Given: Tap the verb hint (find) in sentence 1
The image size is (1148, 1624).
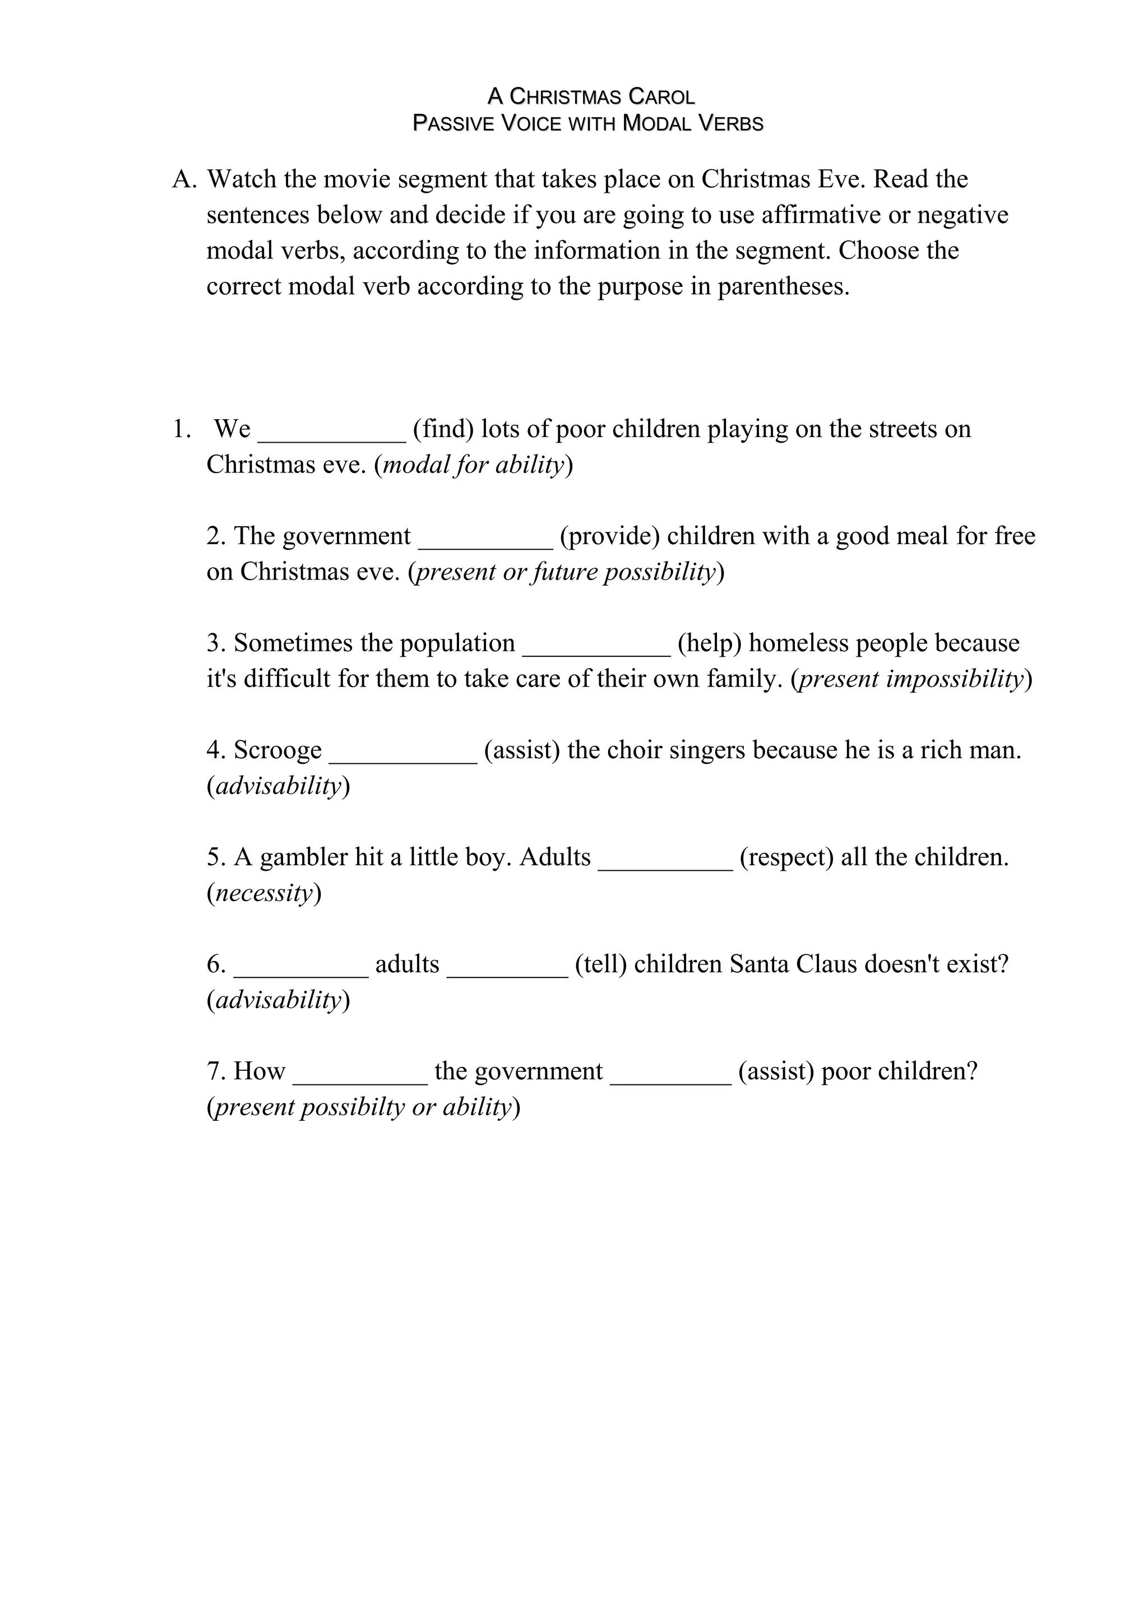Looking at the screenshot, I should point(443,429).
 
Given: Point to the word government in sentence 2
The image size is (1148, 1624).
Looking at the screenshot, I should point(346,536).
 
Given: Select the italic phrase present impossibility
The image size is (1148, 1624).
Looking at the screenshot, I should point(911,679).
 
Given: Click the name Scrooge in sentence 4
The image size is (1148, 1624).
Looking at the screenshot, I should point(277,750).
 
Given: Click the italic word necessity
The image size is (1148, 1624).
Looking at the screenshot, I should point(264,893).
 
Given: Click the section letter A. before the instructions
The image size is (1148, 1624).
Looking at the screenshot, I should point(183,180).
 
